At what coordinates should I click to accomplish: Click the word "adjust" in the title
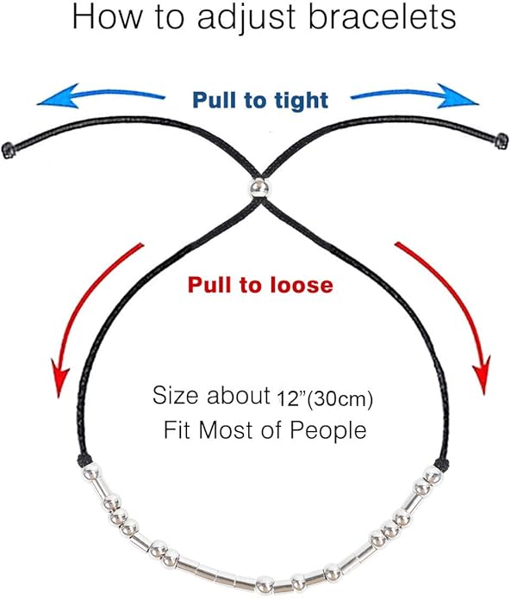pos(246,18)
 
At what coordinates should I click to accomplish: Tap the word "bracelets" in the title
pos(383,17)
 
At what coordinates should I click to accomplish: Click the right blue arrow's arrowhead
pos(458,96)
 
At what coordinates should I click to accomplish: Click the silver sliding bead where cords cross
pos(259,188)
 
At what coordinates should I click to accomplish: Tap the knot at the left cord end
pos(8,150)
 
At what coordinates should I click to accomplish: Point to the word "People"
pos(328,431)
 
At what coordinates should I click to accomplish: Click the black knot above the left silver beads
pos(84,460)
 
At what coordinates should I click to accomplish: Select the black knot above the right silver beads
pos(442,463)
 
